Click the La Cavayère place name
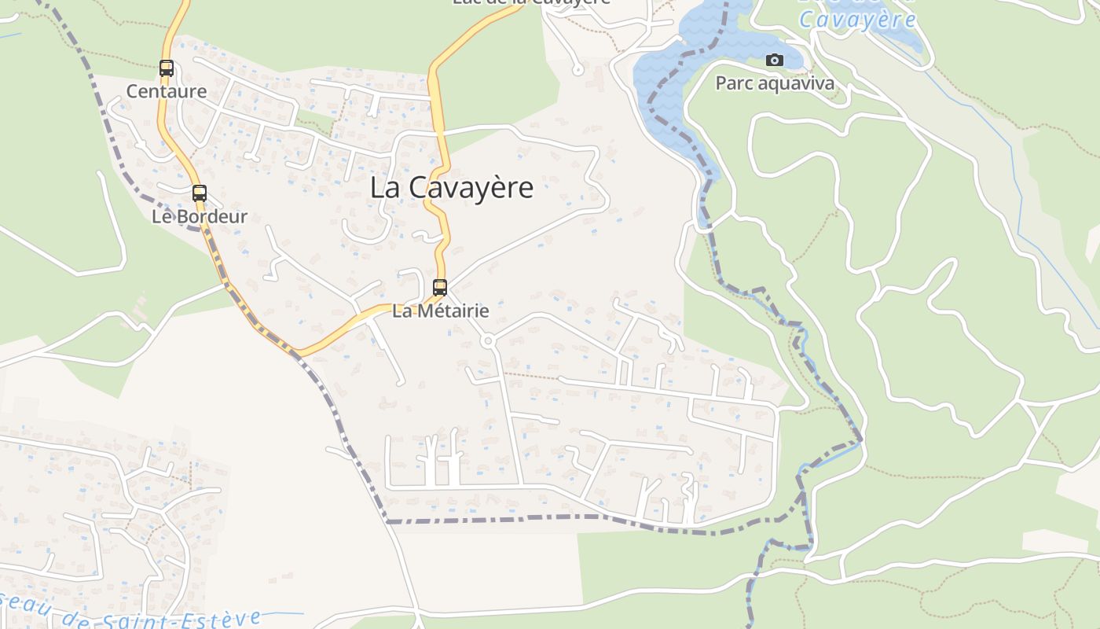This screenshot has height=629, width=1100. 452,188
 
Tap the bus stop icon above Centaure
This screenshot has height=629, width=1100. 167,68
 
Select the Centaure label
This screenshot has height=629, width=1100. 167,91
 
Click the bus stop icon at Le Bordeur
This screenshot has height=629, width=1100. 200,193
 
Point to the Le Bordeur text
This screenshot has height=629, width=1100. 200,216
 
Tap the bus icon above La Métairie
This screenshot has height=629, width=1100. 440,288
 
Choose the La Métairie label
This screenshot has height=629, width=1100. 440,311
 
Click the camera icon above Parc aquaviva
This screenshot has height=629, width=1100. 774,61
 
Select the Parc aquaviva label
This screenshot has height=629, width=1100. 775,83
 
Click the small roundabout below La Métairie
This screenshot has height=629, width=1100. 488,341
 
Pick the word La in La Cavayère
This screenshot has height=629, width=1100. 383,188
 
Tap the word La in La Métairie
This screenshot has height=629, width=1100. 401,311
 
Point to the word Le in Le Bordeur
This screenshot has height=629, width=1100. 161,216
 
